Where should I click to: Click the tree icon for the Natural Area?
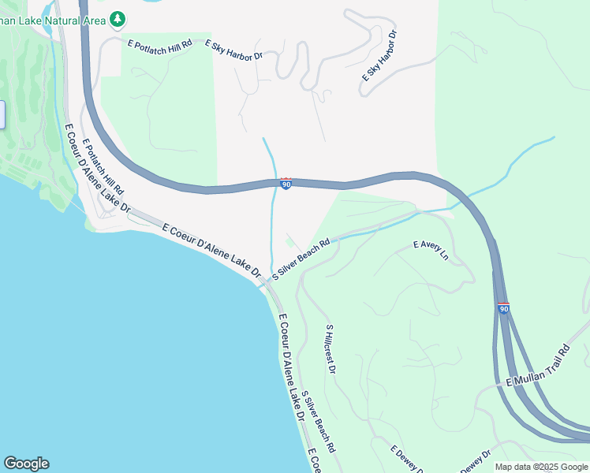[x=118, y=17]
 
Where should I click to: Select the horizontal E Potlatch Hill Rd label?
[x=160, y=45]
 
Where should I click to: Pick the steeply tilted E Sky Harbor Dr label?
[x=380, y=56]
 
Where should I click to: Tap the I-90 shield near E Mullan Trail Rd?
[x=503, y=308]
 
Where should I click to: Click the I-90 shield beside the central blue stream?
[x=286, y=184]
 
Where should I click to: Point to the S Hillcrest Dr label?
[x=330, y=348]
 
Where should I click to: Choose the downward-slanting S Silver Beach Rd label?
[x=319, y=424]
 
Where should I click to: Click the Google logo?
[x=26, y=464]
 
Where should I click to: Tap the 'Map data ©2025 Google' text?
[x=541, y=467]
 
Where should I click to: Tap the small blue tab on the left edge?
[x=2, y=114]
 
